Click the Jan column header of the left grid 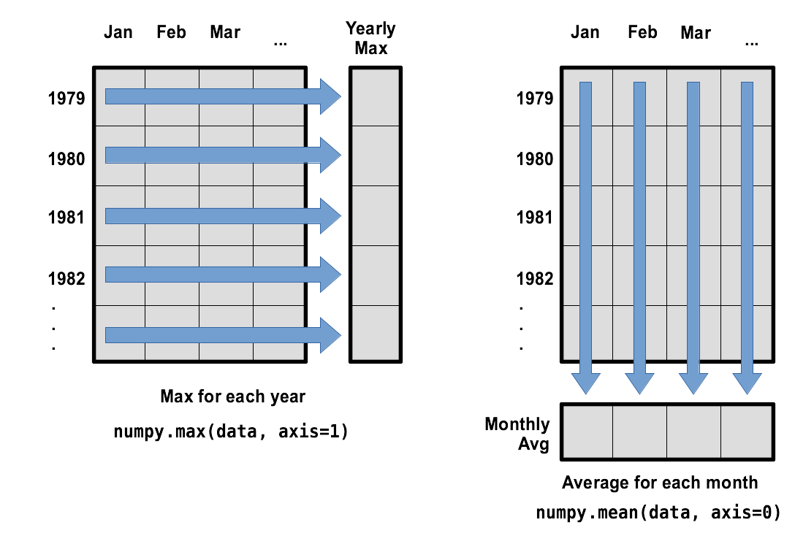(118, 32)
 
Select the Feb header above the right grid (642, 32)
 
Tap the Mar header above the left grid (225, 32)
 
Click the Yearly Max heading (370, 39)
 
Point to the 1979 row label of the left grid (66, 98)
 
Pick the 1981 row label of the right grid (535, 218)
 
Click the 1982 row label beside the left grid (66, 278)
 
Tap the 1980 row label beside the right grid (535, 158)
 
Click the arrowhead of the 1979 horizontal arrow (330, 96)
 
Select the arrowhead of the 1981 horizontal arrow (330, 215)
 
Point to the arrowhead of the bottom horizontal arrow (330, 334)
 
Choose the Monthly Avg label (517, 434)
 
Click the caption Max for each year (232, 397)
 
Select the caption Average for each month (660, 483)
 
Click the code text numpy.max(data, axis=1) (231, 432)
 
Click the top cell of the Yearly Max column (375, 97)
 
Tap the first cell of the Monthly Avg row (587, 432)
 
